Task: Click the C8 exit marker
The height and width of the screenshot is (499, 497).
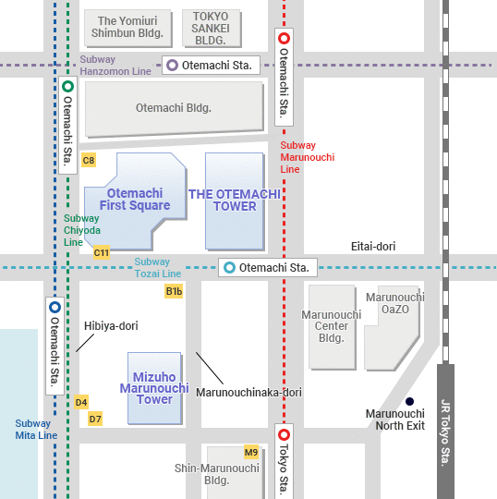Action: (89, 161)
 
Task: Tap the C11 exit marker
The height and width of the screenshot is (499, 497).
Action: (102, 252)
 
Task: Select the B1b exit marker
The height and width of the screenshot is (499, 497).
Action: (174, 292)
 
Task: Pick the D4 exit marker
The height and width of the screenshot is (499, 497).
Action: (81, 402)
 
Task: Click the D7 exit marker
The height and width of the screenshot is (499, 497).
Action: (95, 419)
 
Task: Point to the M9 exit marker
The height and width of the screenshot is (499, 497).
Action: (251, 452)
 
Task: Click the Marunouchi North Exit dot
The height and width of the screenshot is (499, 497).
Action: (409, 401)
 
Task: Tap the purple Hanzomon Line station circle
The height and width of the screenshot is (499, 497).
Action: (172, 65)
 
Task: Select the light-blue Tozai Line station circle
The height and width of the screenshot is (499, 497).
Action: (228, 268)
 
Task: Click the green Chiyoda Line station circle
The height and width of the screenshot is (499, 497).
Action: (67, 87)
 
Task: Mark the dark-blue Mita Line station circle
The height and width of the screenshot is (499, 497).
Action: (55, 308)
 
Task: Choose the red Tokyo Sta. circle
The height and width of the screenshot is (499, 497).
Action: (284, 434)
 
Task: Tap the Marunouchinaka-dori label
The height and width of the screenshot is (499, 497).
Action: (248, 393)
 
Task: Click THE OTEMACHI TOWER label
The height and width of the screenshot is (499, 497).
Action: (235, 200)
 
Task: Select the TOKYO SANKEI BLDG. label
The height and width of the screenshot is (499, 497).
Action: (212, 30)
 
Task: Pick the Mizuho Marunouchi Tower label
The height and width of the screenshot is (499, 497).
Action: (154, 388)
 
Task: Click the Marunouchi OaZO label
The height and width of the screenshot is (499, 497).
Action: (395, 303)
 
